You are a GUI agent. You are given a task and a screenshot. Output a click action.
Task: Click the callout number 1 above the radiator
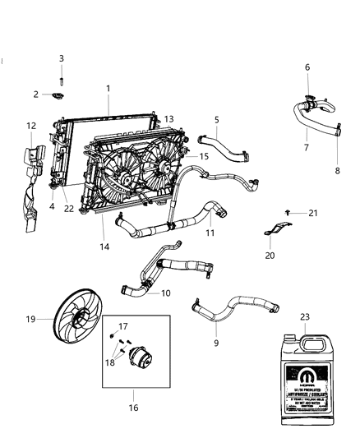click(x=107, y=88)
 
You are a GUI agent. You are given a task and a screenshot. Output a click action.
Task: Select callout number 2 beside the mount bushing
click(x=35, y=95)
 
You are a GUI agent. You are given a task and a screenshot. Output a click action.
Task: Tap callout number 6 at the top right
click(x=307, y=67)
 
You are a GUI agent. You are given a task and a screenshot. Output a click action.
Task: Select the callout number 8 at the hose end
click(x=335, y=171)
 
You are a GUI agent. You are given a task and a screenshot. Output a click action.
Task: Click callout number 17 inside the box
click(x=122, y=326)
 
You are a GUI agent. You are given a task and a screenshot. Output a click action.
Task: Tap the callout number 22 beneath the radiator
click(x=69, y=208)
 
